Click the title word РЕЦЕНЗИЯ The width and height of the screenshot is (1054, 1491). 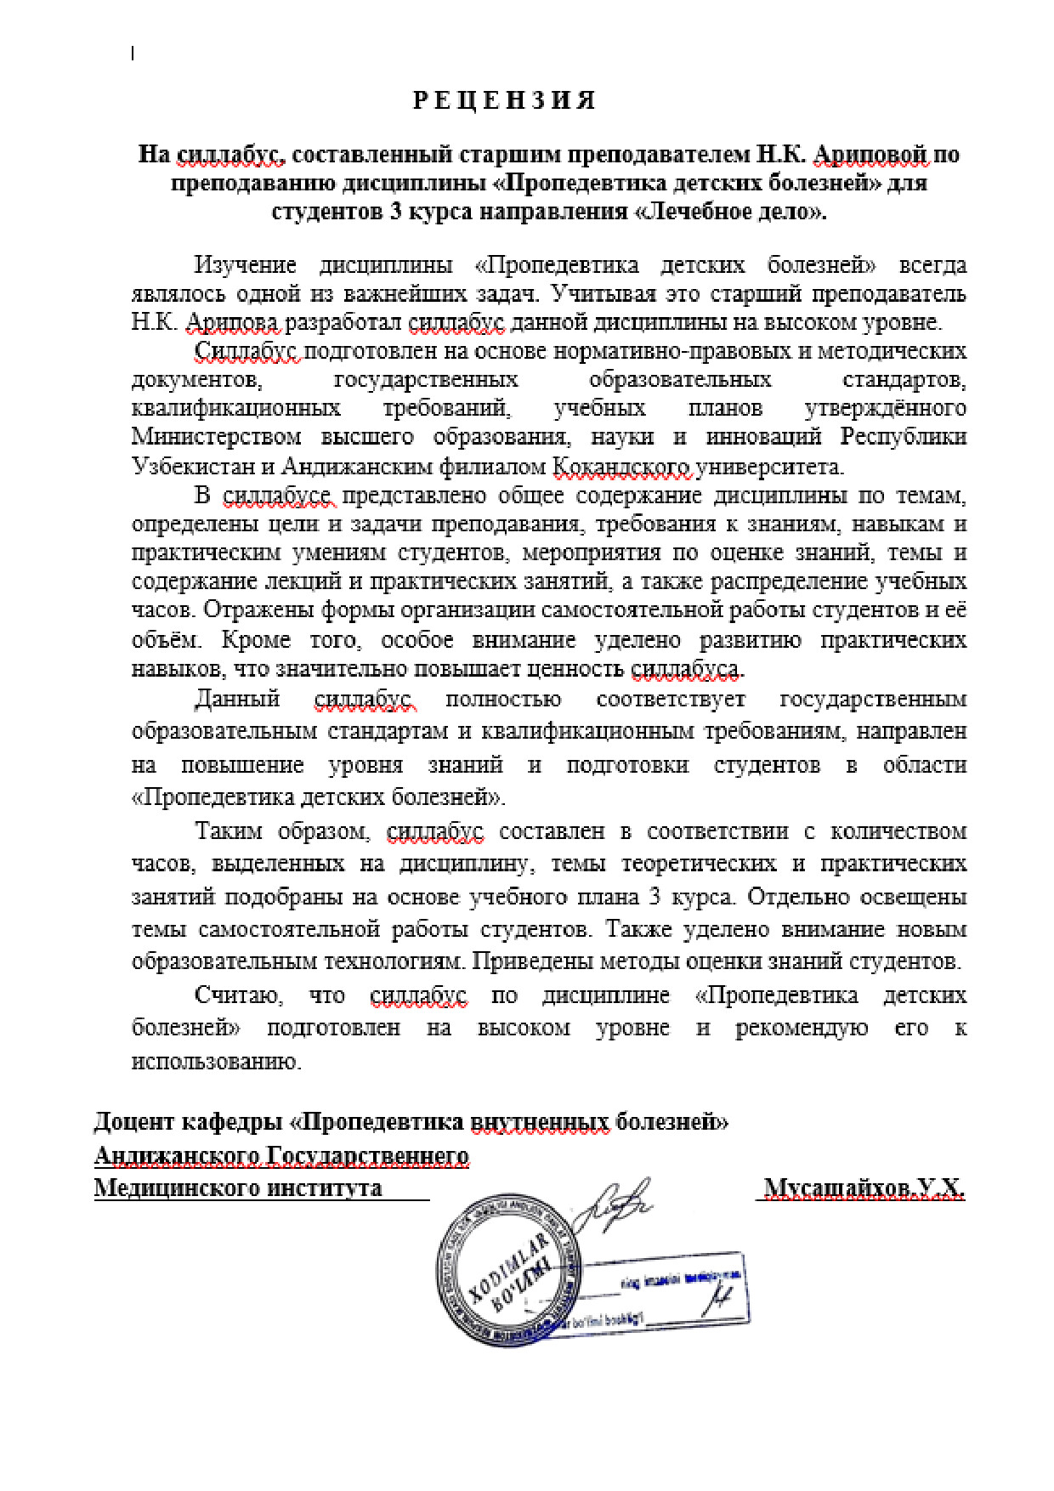coord(504,101)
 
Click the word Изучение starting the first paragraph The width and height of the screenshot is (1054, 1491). coord(246,265)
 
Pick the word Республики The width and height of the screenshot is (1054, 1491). coord(904,437)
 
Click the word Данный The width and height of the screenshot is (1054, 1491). coord(237,700)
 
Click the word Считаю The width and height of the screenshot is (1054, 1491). coord(238,995)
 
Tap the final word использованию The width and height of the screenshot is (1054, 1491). coord(216,1062)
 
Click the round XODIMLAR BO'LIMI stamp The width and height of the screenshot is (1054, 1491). coord(508,1269)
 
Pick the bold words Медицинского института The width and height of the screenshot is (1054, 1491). coord(238,1188)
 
